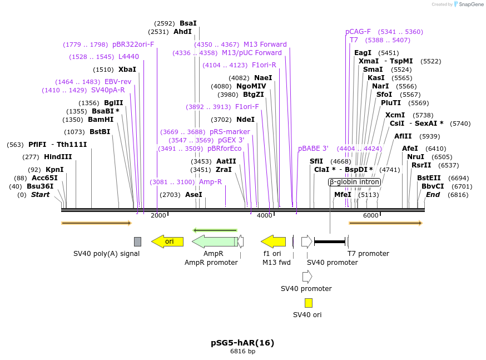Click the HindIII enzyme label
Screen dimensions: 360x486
coord(58,157)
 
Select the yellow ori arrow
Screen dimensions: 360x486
coord(167,241)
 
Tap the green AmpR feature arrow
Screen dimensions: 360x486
coord(215,241)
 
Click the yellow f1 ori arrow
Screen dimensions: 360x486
coord(273,241)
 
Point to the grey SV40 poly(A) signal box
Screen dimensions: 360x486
coord(137,241)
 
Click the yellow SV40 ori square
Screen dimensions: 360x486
coord(308,303)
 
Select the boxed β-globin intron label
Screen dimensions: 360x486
coord(354,182)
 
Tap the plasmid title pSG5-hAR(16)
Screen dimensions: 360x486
coord(242,343)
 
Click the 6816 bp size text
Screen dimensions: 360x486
coord(242,351)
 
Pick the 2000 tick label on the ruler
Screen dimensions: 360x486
coord(158,215)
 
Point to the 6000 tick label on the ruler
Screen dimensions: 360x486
coord(370,215)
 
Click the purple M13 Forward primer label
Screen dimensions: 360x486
coord(265,45)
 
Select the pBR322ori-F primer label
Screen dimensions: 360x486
coord(133,45)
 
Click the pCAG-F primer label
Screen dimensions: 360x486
coord(358,32)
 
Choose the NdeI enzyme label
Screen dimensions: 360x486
coord(245,120)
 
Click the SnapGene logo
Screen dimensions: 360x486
coord(466,4)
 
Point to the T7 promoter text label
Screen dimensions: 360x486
coord(368,254)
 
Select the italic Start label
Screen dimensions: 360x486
coord(40,195)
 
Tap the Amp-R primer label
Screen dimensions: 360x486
coord(210,182)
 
